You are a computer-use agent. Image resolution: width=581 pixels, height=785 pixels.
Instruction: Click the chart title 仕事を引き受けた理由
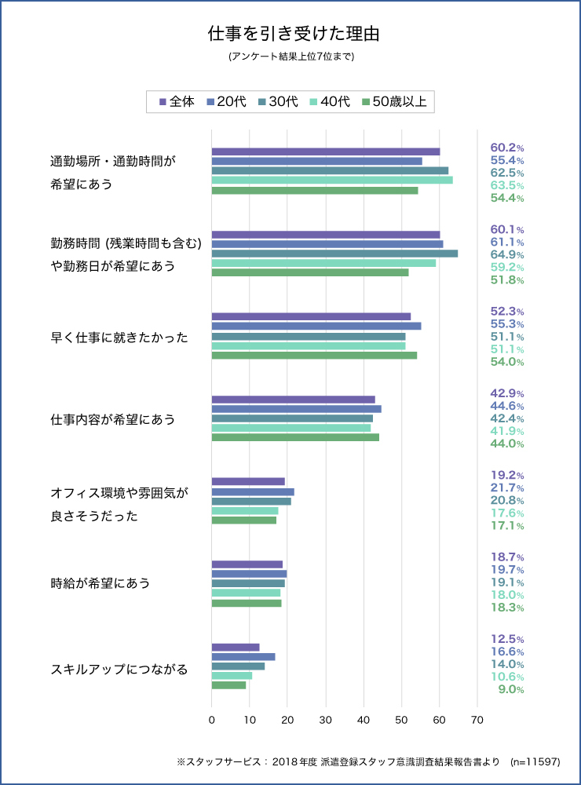(x=290, y=35)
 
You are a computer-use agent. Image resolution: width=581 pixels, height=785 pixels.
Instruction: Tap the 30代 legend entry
(x=278, y=101)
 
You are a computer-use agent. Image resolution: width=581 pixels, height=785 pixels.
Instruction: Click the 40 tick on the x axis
(x=364, y=719)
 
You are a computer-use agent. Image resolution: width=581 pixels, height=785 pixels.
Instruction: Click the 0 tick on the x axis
(x=212, y=719)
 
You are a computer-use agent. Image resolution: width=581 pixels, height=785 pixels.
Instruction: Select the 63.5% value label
(x=506, y=185)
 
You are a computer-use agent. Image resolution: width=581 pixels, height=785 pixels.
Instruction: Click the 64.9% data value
(x=506, y=255)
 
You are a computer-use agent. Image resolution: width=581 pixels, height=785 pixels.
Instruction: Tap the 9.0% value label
(x=510, y=689)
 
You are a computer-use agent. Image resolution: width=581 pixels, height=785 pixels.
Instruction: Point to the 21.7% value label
(x=506, y=487)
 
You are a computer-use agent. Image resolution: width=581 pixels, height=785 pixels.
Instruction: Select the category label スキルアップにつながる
(x=119, y=670)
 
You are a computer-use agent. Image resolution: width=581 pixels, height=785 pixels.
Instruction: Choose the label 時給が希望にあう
(x=100, y=583)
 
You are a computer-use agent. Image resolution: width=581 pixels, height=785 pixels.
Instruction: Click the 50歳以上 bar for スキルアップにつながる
(x=228, y=685)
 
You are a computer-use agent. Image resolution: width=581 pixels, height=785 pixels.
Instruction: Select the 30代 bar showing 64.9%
(x=334, y=254)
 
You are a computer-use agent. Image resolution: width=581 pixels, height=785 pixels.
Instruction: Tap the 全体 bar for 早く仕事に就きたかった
(x=311, y=316)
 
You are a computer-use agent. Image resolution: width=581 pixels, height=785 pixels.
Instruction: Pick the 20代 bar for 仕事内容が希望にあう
(x=296, y=408)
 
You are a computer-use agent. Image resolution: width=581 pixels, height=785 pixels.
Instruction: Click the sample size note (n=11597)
(x=535, y=761)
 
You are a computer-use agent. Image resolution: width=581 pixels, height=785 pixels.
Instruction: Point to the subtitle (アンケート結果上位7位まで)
(x=290, y=57)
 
